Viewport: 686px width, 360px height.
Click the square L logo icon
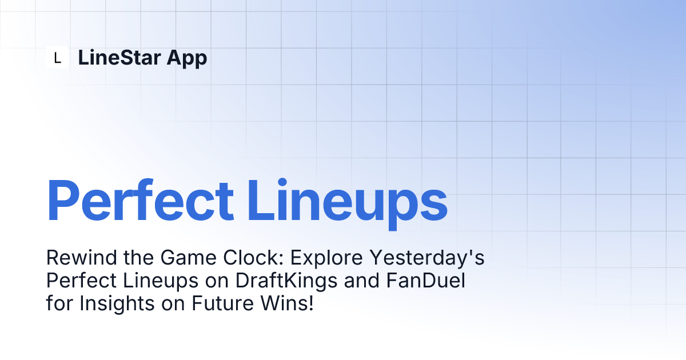tap(57, 57)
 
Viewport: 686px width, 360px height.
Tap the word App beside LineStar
tap(187, 59)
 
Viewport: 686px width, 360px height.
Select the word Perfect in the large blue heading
tap(140, 200)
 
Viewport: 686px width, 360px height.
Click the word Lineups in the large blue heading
tap(348, 204)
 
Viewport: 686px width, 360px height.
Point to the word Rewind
tap(81, 258)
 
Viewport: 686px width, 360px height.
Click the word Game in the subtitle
tap(188, 258)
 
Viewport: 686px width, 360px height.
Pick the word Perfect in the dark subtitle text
tap(81, 281)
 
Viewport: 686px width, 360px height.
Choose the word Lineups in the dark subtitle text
tap(161, 282)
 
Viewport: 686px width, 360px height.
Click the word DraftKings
tap(286, 282)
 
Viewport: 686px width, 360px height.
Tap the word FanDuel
tap(426, 281)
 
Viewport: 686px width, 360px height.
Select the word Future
tap(222, 303)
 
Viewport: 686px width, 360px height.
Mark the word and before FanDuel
tap(362, 281)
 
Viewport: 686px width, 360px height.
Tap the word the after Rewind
tap(139, 258)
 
